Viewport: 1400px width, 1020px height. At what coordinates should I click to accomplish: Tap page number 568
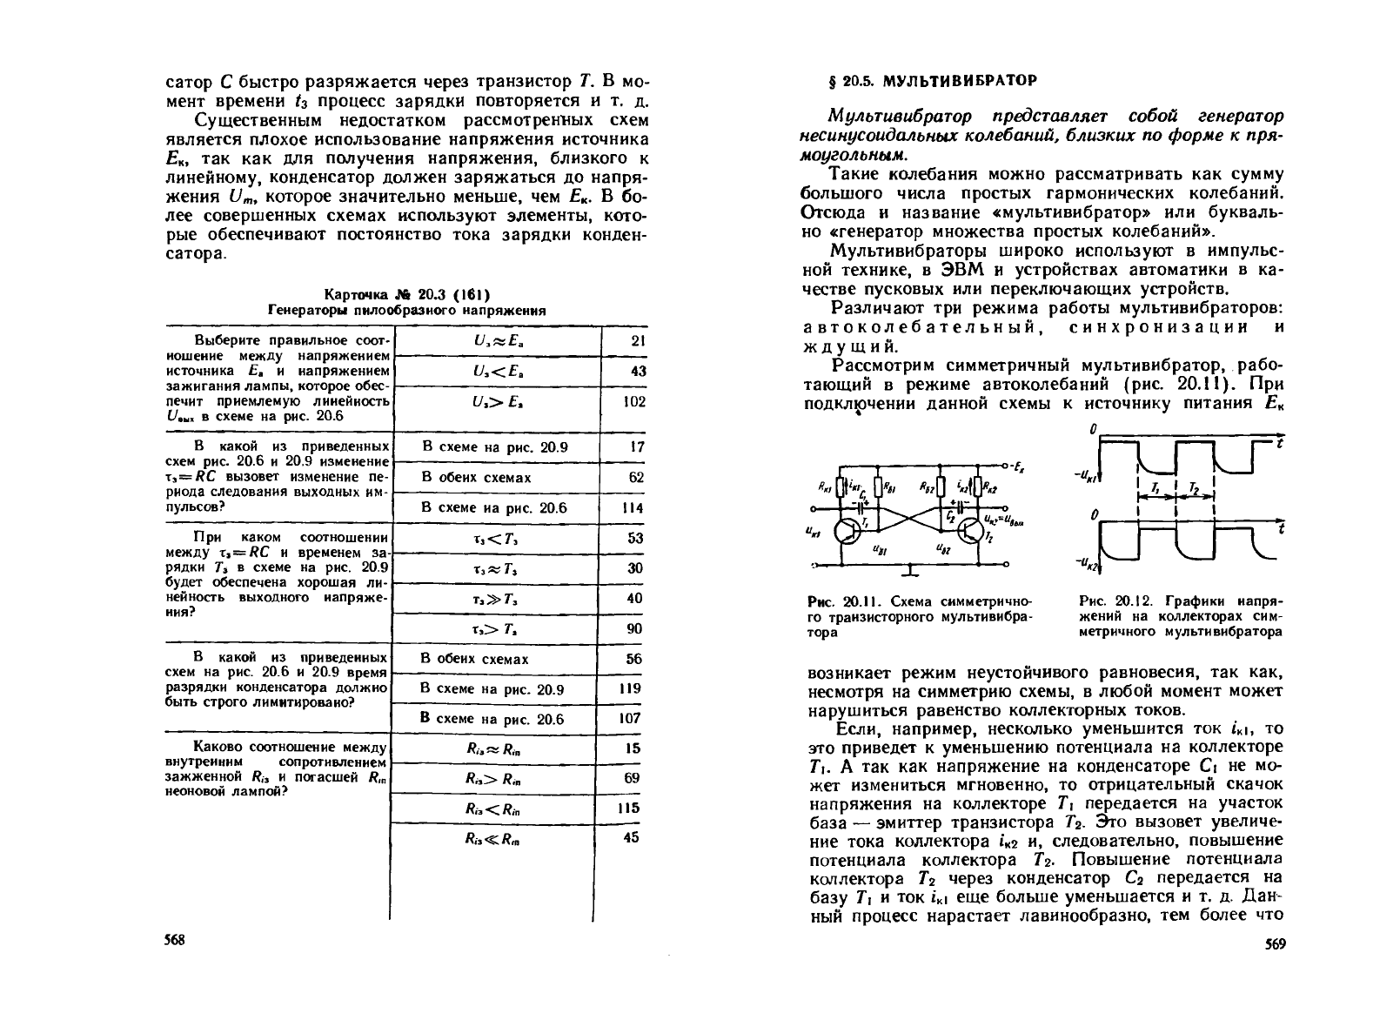tap(176, 942)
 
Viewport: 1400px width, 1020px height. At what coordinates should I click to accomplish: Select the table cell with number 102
tap(634, 401)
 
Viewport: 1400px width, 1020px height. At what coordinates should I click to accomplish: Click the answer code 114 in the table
tap(633, 507)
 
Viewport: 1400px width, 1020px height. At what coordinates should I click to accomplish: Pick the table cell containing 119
tap(633, 688)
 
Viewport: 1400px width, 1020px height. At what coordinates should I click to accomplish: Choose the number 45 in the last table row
tap(633, 837)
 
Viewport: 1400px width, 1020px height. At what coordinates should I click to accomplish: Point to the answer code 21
tap(637, 341)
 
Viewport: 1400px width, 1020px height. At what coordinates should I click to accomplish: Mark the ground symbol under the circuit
tap(908, 571)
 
